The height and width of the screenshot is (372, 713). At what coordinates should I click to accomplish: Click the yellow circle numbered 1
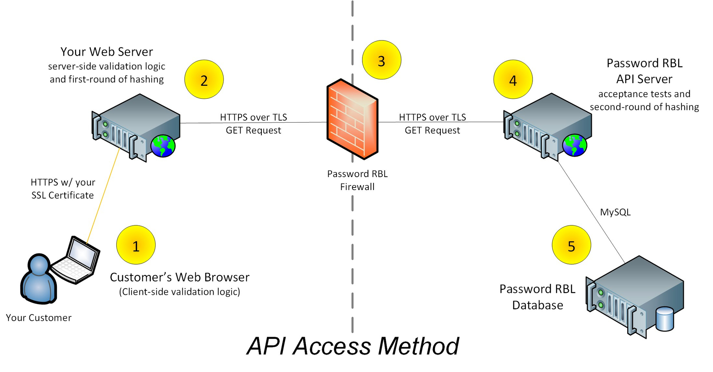(x=136, y=245)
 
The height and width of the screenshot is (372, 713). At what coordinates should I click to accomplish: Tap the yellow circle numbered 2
(x=204, y=79)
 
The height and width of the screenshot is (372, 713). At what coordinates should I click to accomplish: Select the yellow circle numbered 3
(x=381, y=60)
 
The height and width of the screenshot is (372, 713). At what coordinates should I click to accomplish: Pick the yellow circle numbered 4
(x=513, y=79)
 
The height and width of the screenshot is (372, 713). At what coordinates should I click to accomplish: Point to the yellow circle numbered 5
(x=571, y=245)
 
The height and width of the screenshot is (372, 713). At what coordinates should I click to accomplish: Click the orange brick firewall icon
(x=352, y=119)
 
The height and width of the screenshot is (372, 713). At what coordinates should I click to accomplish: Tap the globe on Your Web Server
(x=163, y=146)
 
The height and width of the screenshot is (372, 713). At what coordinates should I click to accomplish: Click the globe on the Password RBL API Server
(x=574, y=145)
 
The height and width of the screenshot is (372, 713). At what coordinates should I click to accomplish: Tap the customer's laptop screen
(x=82, y=254)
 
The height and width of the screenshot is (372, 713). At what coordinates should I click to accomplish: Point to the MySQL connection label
(x=615, y=212)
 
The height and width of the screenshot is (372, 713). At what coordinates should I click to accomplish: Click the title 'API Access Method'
(x=353, y=346)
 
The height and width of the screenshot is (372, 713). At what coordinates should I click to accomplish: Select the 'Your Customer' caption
(x=39, y=318)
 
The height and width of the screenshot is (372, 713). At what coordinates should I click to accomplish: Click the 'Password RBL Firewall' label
(x=357, y=180)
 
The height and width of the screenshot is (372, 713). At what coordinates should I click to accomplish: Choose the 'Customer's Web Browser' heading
(x=179, y=277)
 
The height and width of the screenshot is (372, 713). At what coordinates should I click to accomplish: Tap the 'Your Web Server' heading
(x=107, y=52)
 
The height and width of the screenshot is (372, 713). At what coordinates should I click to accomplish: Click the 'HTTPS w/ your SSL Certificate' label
(x=63, y=189)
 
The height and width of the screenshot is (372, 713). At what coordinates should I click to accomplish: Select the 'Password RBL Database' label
(x=537, y=297)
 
